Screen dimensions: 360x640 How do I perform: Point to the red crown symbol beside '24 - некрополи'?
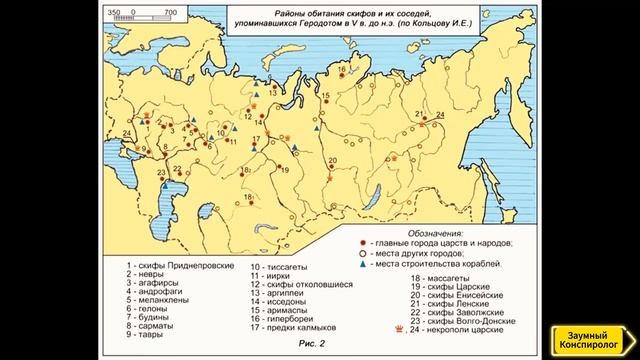(401, 327)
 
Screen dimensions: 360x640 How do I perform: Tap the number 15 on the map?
(325, 94)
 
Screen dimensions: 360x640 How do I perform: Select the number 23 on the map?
(162, 172)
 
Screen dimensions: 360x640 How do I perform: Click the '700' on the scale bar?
(170, 11)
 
